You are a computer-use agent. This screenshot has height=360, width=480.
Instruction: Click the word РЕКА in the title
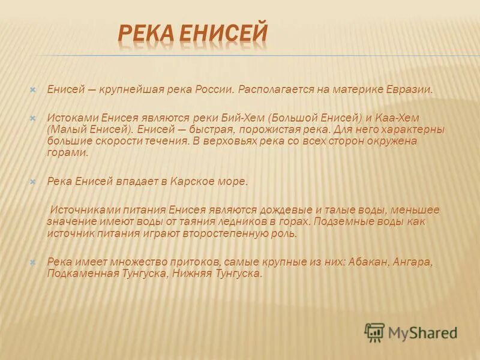pos(146,35)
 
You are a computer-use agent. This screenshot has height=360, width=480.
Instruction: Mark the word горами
pos(67,152)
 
